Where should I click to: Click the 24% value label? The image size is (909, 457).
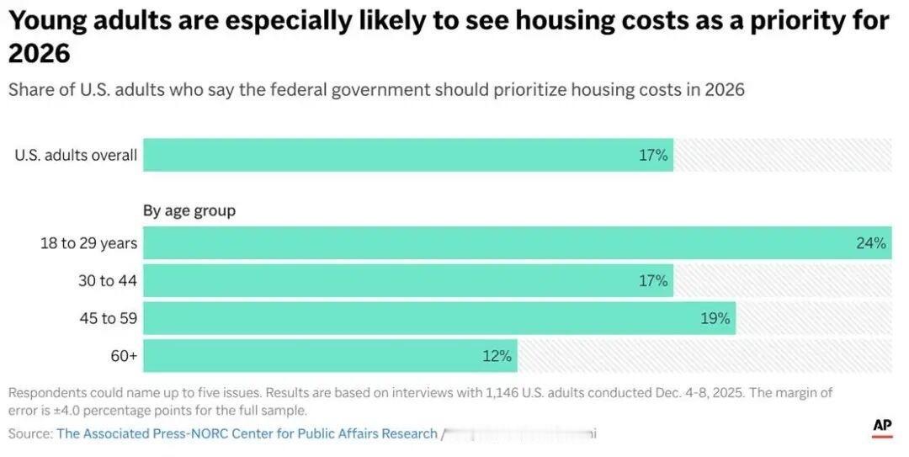click(x=871, y=243)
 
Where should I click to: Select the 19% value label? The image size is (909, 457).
click(x=715, y=318)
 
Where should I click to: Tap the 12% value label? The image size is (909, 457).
click(x=497, y=356)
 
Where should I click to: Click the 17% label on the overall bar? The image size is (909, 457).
click(x=653, y=155)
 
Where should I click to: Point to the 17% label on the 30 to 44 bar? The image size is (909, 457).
click(x=653, y=280)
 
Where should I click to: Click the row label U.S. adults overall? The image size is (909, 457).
click(x=76, y=155)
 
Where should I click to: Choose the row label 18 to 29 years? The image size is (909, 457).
click(x=88, y=243)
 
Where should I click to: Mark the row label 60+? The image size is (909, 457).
click(x=124, y=356)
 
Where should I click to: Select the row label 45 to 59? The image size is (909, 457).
click(x=108, y=318)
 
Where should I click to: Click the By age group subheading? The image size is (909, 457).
click(x=189, y=210)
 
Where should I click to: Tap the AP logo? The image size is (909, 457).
click(x=881, y=426)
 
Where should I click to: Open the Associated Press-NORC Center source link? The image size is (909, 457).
click(x=247, y=433)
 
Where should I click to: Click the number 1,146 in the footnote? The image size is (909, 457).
click(x=504, y=393)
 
